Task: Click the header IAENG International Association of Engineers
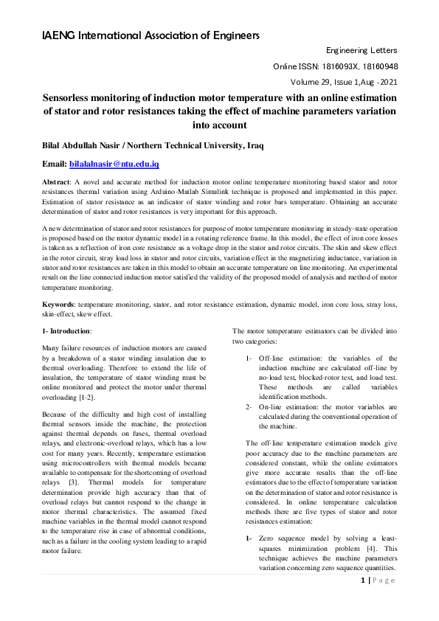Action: [x=150, y=35]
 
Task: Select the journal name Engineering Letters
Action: [x=362, y=50]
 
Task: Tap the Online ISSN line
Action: [x=336, y=66]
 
